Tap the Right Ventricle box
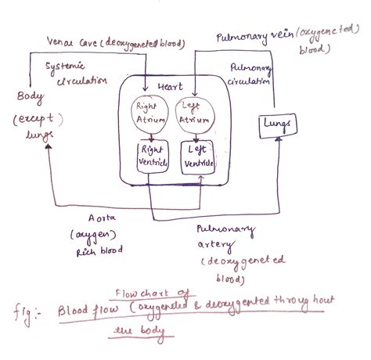pos(150,155)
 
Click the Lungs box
pos(279,123)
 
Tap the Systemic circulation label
pos(75,74)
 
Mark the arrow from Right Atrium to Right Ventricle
pos(150,135)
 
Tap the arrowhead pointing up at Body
pos(49,153)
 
